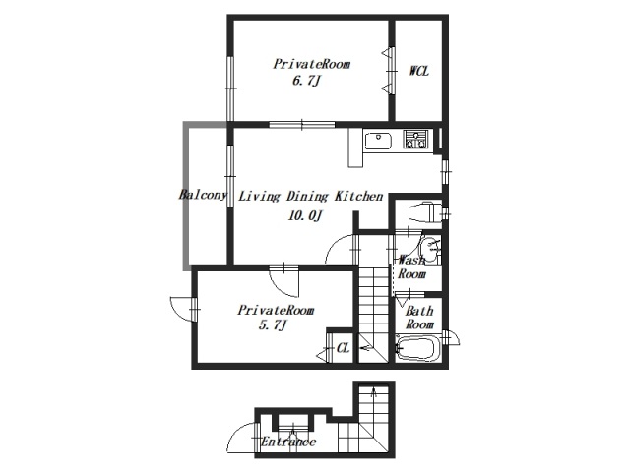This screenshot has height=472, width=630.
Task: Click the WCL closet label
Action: [419, 71]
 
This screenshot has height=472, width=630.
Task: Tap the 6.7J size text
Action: [306, 82]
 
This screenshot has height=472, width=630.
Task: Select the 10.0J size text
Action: [305, 216]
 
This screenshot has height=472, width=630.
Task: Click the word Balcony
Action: [203, 195]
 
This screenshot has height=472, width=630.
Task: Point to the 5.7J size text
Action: [272, 325]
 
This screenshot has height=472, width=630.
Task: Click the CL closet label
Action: [343, 348]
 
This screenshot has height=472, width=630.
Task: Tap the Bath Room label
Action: [419, 317]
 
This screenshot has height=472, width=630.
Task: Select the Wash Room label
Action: [411, 267]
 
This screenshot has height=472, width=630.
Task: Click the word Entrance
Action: [288, 442]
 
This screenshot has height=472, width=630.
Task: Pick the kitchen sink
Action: [378, 141]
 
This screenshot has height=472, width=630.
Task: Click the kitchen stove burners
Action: [415, 140]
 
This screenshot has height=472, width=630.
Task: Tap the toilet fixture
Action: [425, 212]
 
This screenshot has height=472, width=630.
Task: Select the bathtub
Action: [418, 349]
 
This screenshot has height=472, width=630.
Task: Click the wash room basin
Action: [430, 250]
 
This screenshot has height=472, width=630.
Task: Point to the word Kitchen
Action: [358, 197]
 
